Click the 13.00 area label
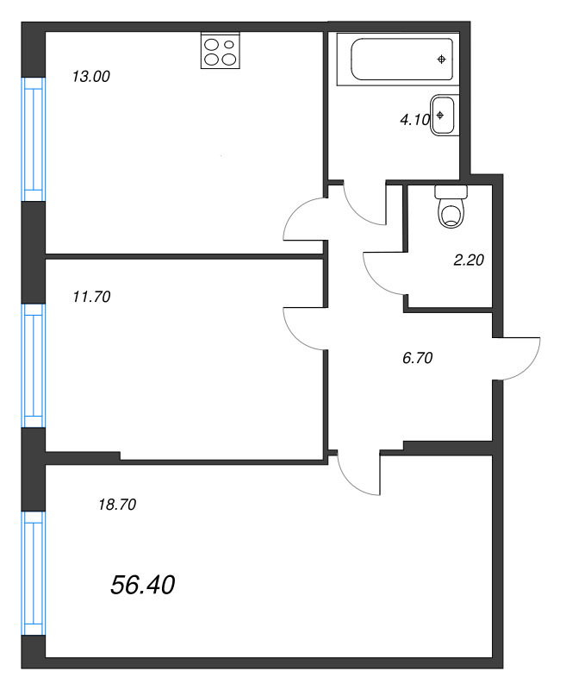coord(91,76)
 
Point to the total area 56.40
coord(143,586)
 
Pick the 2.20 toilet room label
coord(469,258)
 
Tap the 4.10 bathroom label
coord(414,121)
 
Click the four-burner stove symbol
coord(221,51)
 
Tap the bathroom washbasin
coord(444,115)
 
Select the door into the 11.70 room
coord(305,327)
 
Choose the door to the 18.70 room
coord(360,474)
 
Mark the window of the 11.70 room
coord(32,365)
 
